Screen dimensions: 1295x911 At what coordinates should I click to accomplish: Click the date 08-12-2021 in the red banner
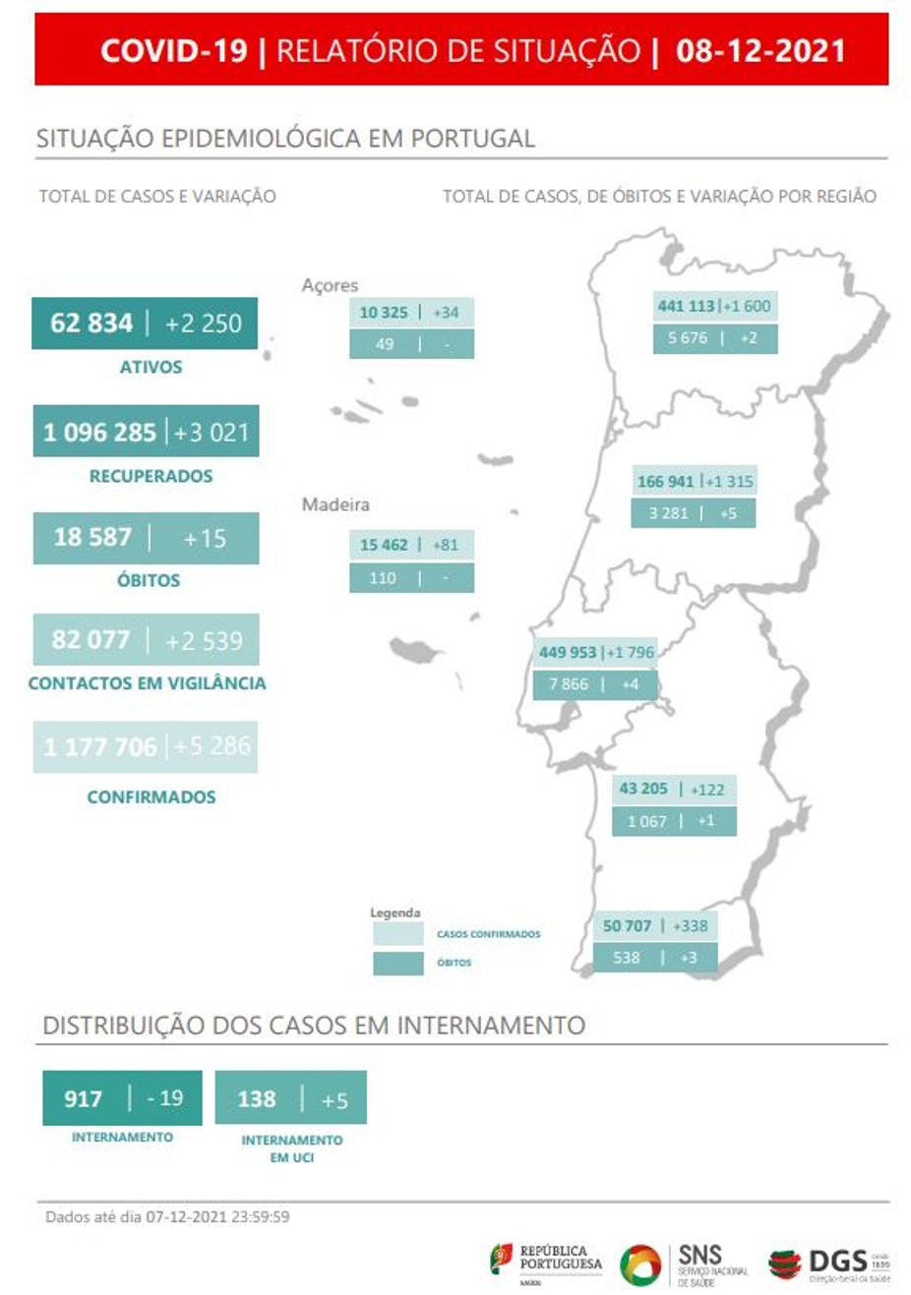(x=759, y=50)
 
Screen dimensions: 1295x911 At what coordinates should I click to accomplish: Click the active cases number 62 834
(x=91, y=323)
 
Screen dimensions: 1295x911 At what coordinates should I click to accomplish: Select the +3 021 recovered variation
(x=212, y=432)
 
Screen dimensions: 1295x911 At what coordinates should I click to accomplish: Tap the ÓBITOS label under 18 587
(x=149, y=580)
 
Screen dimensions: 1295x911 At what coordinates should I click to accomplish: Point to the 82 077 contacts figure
(x=91, y=640)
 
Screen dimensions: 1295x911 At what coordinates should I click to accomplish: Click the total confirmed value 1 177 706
(x=100, y=746)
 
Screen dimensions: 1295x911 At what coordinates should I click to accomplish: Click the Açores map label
(x=330, y=285)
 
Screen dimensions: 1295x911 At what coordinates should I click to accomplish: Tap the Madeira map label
(x=335, y=504)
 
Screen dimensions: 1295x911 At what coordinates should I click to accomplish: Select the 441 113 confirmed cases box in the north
(x=686, y=306)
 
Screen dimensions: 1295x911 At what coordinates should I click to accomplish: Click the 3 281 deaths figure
(x=668, y=513)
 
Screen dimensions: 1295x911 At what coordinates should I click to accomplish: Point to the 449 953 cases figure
(x=568, y=652)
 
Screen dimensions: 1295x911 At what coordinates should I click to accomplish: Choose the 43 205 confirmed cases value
(x=643, y=789)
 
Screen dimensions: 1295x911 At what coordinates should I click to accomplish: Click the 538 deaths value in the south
(x=627, y=957)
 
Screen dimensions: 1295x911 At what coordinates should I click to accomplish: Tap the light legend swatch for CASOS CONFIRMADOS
(x=398, y=934)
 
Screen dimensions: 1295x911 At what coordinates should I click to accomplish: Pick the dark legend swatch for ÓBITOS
(x=398, y=963)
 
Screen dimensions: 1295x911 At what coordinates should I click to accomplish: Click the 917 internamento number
(x=84, y=1098)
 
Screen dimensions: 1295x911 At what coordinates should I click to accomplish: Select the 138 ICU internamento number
(x=257, y=1099)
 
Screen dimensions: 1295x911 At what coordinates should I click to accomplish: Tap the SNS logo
(x=699, y=1264)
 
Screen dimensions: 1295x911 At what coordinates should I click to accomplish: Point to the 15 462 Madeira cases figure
(x=384, y=545)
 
